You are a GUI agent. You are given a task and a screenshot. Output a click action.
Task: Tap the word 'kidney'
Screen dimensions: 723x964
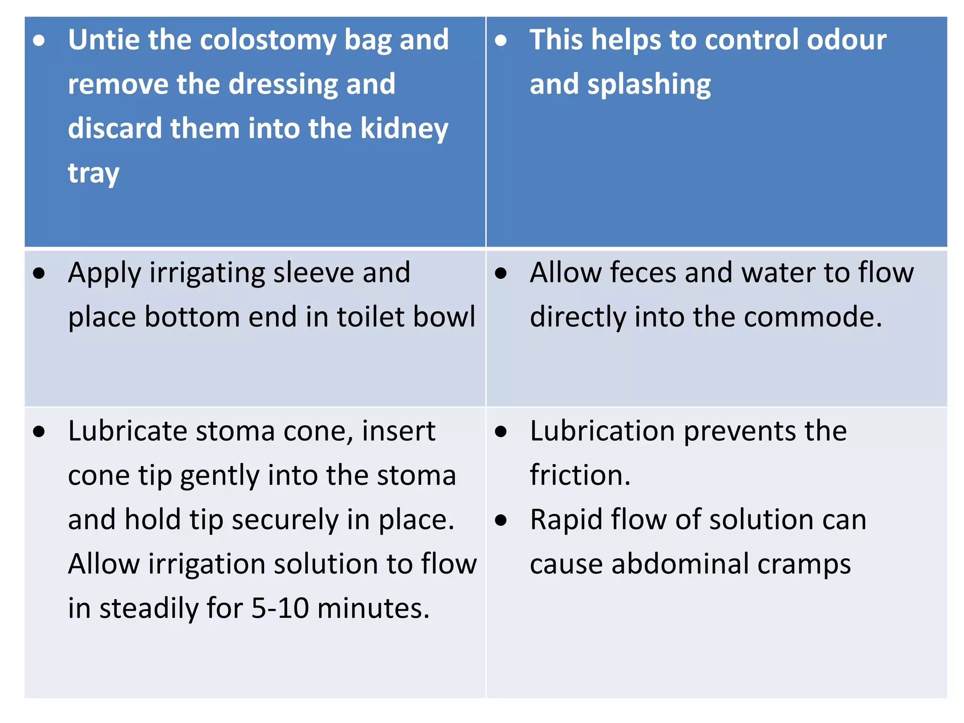click(404, 129)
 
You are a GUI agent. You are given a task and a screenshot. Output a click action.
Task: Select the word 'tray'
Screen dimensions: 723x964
click(94, 174)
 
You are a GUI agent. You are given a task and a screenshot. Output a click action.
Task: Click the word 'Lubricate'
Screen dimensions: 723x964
click(127, 431)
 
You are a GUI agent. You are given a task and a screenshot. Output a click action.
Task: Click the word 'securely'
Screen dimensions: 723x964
click(285, 521)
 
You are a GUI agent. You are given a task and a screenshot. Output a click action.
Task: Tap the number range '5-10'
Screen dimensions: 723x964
click(280, 609)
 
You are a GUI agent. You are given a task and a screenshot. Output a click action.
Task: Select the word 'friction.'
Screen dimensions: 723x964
click(580, 475)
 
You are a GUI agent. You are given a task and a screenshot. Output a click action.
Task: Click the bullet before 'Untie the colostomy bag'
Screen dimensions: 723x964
click(39, 40)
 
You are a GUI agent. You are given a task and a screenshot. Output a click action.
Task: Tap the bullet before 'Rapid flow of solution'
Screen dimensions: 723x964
click(501, 520)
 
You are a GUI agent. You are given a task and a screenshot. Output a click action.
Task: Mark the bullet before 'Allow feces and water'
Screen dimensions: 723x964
click(501, 273)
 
